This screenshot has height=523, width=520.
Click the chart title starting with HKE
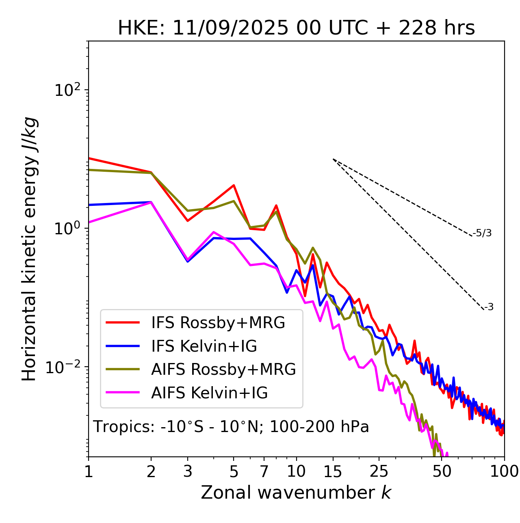tap(296, 28)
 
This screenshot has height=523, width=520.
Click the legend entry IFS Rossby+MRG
tap(218, 322)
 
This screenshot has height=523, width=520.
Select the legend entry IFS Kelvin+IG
tap(204, 346)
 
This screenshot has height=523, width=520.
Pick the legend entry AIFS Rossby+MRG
tap(223, 370)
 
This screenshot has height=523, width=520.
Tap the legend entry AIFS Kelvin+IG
tap(209, 393)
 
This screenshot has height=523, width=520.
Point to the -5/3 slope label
tap(482, 233)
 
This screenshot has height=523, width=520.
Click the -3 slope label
tap(489, 307)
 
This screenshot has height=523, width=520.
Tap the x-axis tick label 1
tap(89, 471)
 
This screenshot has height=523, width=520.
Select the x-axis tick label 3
tap(188, 471)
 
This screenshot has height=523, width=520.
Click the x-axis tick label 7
tap(264, 471)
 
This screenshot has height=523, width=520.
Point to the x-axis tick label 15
tap(333, 471)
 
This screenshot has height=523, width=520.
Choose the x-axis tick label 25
tap(379, 471)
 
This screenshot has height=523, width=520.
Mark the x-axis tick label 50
tap(442, 471)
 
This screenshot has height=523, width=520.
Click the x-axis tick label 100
tap(504, 471)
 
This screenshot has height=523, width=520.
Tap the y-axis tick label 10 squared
tap(67, 90)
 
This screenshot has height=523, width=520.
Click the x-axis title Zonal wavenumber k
tap(296, 493)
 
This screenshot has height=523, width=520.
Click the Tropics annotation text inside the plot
tap(231, 427)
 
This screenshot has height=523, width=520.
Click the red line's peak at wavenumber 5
tap(234, 185)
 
